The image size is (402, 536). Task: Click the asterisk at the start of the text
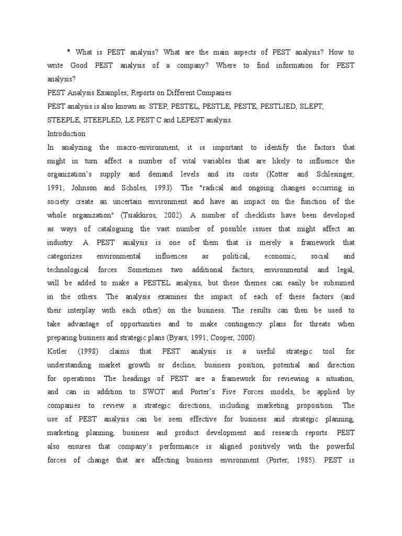(x=68, y=52)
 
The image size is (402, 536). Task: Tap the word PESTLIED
(x=265, y=106)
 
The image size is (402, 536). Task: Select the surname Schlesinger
(x=328, y=174)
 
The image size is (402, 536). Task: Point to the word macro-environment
(x=152, y=147)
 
